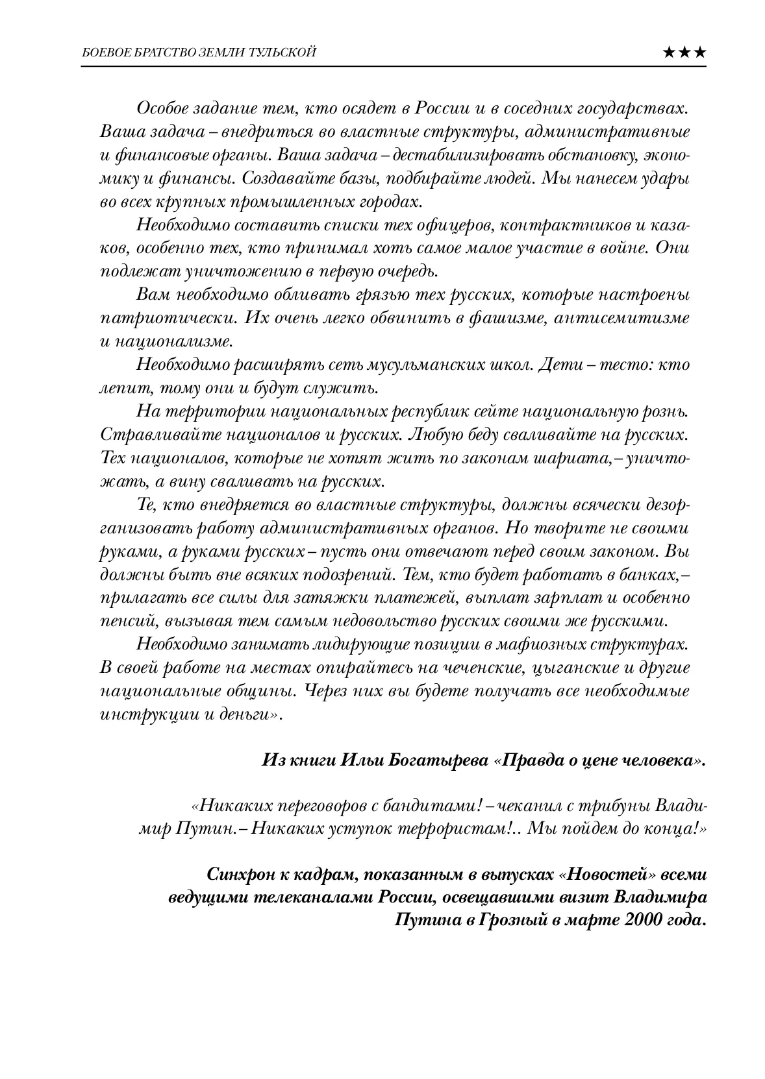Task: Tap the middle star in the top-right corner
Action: (x=684, y=53)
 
